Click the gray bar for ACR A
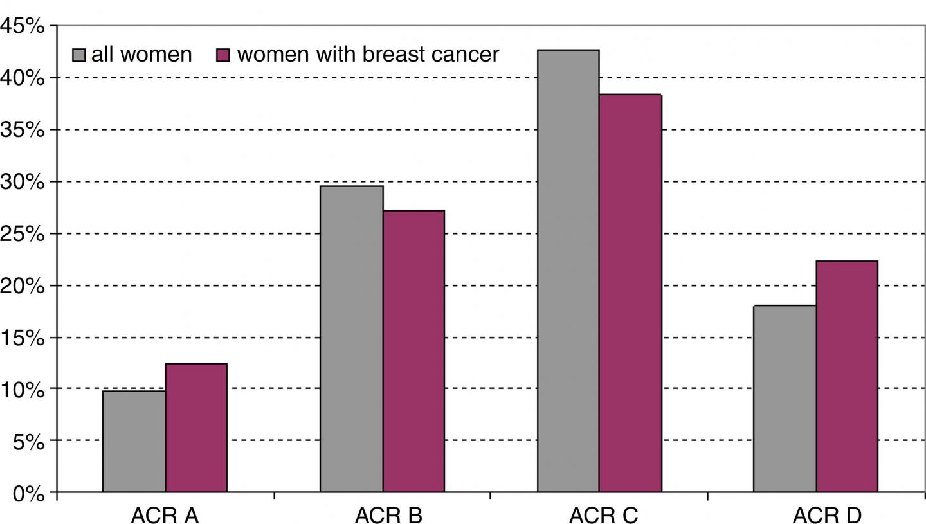click(x=134, y=442)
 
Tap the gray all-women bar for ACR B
click(x=351, y=339)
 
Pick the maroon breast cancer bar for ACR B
click(x=413, y=351)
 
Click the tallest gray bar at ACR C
click(x=568, y=271)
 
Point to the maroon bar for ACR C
click(x=630, y=293)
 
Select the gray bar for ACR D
click(x=785, y=399)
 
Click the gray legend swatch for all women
click(x=78, y=55)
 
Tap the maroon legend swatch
click(x=222, y=55)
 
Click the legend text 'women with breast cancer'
click(x=368, y=55)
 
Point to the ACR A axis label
click(x=164, y=516)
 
